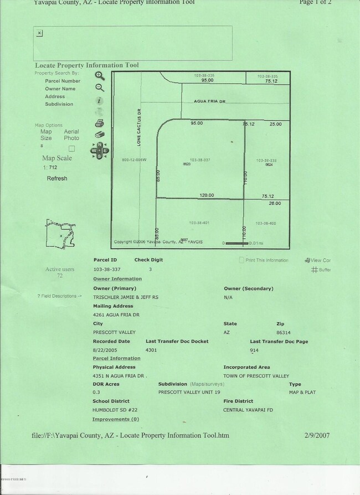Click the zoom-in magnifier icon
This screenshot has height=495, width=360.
click(x=100, y=76)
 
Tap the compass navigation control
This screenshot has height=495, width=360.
click(x=100, y=151)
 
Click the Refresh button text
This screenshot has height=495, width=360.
click(x=57, y=178)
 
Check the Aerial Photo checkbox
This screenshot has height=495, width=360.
click(x=71, y=148)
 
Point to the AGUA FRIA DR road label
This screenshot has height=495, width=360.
click(x=210, y=102)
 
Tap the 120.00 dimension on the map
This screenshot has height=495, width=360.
click(x=207, y=195)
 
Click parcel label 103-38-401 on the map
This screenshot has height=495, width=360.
click(x=199, y=223)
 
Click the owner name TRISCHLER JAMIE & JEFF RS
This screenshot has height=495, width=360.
click(x=126, y=297)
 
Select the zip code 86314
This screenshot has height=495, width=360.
click(x=284, y=332)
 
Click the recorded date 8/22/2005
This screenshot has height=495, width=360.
click(x=105, y=350)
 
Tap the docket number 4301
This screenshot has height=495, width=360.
click(x=151, y=350)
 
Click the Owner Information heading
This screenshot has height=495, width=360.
click(x=117, y=279)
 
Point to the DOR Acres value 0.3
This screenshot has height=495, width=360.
click(x=97, y=392)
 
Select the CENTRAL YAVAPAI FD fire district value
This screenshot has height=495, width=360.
click(x=248, y=410)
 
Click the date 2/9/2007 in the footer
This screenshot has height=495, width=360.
click(x=317, y=435)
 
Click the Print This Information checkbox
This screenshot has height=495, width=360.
click(x=241, y=260)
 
